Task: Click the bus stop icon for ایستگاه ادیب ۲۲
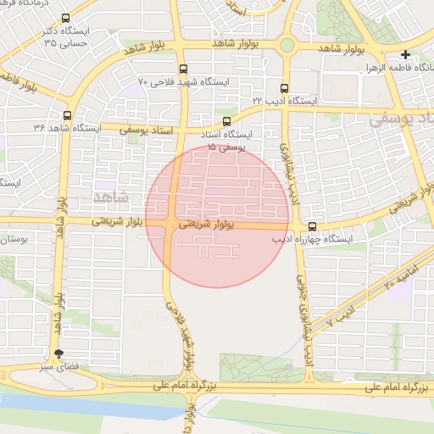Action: tap(283, 87)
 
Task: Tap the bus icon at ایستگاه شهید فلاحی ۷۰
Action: tap(183, 69)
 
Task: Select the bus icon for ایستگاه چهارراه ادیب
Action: tap(313, 226)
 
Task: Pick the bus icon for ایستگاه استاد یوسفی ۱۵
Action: tap(225, 121)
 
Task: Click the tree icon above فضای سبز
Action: tap(58, 354)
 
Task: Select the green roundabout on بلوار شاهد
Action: tap(287, 45)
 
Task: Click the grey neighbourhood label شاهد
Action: tap(108, 197)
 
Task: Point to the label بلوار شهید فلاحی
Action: tap(186, 339)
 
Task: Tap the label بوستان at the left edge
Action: tap(12, 240)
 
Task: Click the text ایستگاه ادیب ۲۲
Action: tap(291, 101)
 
